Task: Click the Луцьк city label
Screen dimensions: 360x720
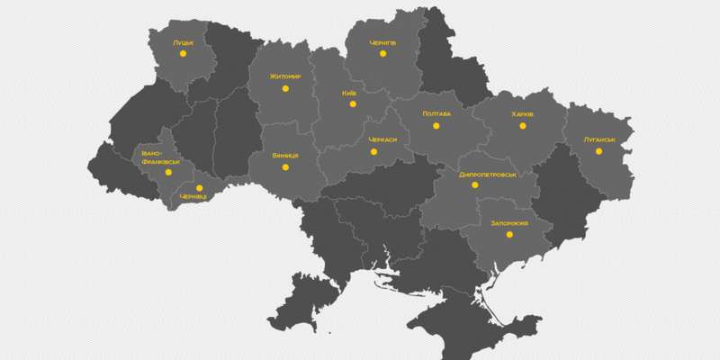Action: (x=183, y=41)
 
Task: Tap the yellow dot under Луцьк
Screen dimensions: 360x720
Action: (x=183, y=54)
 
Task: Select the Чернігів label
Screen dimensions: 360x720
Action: (x=382, y=42)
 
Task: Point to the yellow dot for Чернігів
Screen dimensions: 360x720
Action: (x=382, y=54)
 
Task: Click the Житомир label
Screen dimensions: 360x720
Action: (x=284, y=76)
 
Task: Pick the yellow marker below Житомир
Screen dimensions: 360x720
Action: (x=285, y=88)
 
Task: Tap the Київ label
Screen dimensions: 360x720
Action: (x=350, y=93)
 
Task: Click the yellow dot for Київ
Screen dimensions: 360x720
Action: (x=353, y=104)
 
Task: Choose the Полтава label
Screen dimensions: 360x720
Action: (x=436, y=113)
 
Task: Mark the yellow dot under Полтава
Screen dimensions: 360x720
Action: (x=436, y=126)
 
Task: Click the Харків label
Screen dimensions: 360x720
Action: (x=522, y=114)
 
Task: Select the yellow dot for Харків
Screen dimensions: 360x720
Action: (x=522, y=126)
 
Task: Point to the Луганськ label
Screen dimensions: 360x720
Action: (x=598, y=139)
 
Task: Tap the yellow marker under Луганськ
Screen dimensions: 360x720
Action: (x=598, y=151)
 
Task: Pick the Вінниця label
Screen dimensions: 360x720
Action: (x=285, y=155)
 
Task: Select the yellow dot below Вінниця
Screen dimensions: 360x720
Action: (x=285, y=166)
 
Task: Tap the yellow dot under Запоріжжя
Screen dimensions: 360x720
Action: (x=509, y=234)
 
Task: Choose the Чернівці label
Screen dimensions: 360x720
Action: (x=193, y=196)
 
